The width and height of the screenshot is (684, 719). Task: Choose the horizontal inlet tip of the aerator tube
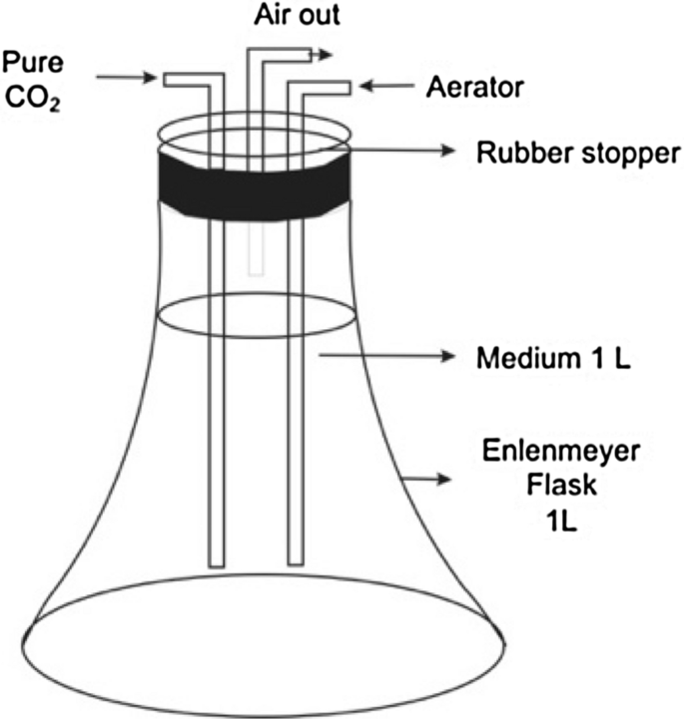pos(340,88)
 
